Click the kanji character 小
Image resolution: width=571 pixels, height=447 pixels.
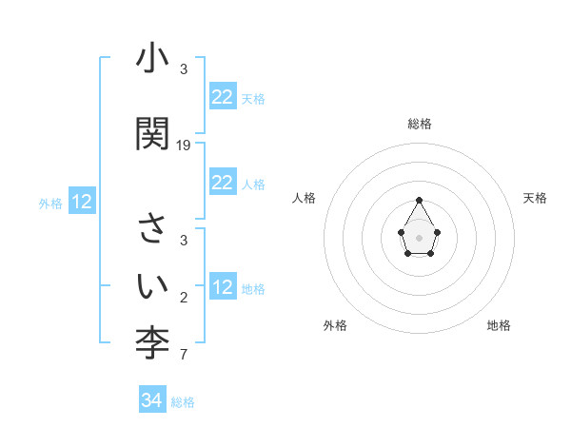(x=152, y=62)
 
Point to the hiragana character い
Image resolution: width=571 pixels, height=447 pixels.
(x=152, y=283)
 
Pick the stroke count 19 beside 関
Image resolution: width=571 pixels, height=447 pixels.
(x=184, y=146)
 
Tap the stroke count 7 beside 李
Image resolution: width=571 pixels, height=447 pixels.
(x=184, y=356)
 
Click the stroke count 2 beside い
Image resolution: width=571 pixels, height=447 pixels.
(x=184, y=299)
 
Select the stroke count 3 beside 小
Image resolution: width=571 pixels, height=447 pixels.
(x=184, y=69)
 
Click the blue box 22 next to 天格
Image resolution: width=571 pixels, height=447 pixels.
(x=223, y=97)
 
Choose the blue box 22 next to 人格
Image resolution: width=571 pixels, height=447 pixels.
(x=223, y=183)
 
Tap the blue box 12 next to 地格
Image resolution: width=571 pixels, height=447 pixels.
(x=223, y=287)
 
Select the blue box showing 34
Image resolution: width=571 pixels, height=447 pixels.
(x=151, y=400)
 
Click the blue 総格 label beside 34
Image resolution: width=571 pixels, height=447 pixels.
(x=183, y=402)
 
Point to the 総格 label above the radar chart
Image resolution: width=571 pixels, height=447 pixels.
(x=420, y=124)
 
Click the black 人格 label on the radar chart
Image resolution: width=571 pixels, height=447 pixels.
(x=305, y=198)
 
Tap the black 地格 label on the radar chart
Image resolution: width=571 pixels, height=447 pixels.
(x=499, y=325)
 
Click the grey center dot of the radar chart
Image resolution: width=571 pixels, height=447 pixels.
(x=420, y=236)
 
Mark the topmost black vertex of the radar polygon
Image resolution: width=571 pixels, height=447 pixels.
(x=420, y=200)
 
